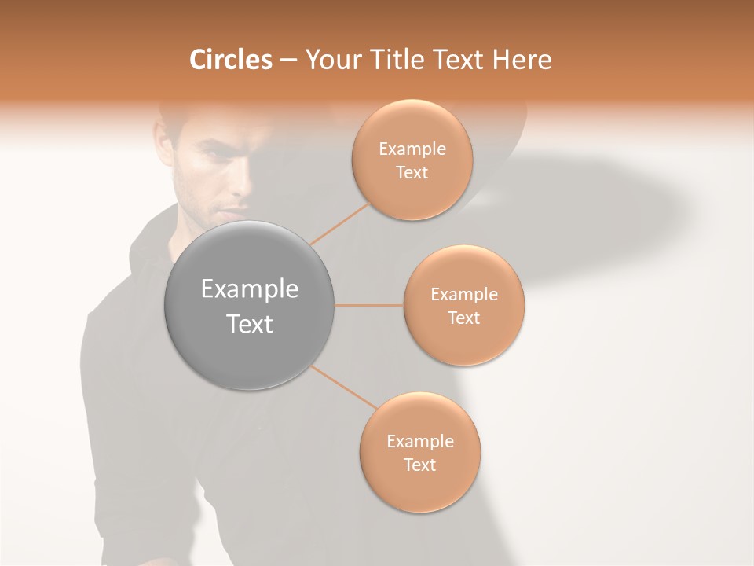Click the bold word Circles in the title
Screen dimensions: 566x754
tap(230, 60)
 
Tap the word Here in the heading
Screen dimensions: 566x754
tap(522, 60)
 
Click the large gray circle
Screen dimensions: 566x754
tap(250, 306)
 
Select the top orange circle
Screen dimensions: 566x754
tap(412, 160)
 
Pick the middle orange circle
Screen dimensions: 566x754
tap(464, 306)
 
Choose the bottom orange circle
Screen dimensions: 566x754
tap(419, 453)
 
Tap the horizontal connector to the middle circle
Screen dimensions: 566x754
tap(369, 305)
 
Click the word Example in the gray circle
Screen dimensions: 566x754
tap(250, 289)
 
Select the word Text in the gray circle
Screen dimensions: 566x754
tap(250, 324)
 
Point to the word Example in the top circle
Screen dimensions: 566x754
tap(412, 149)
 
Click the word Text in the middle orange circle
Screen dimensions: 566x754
tap(463, 318)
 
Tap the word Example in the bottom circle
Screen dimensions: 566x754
tap(419, 442)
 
